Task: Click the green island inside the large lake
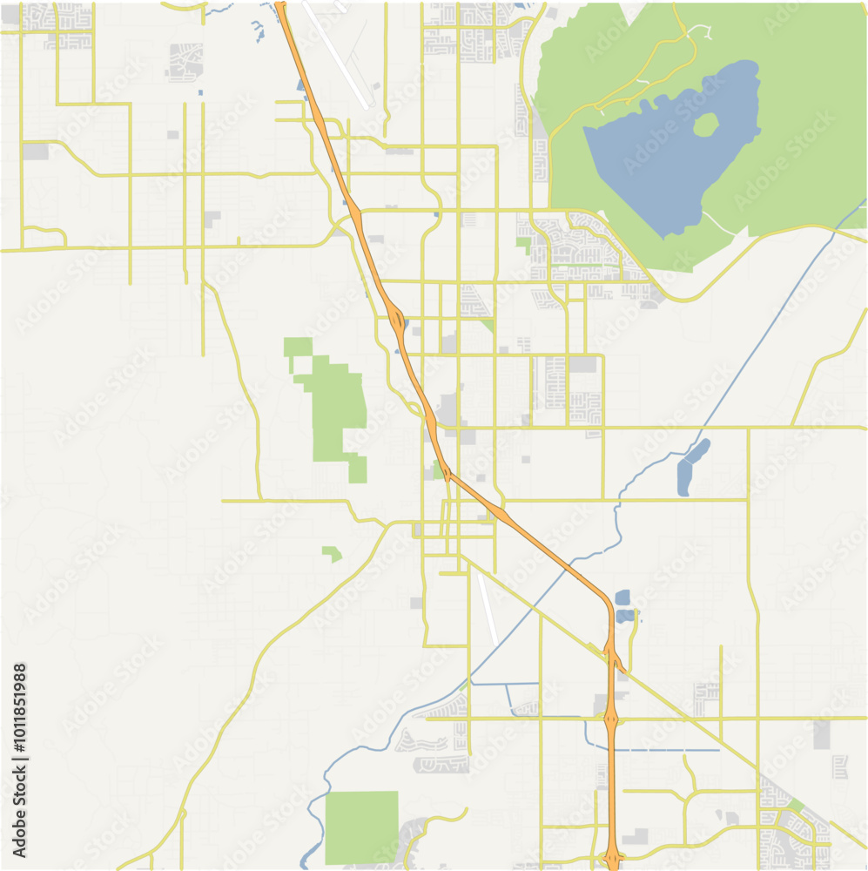coord(706,125)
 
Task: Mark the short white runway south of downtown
coord(488,610)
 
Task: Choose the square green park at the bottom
coord(361,827)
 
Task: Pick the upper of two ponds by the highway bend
coord(622,598)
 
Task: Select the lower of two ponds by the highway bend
coord(625,616)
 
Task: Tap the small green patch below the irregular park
coord(331,552)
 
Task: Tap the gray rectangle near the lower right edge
coord(823,733)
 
